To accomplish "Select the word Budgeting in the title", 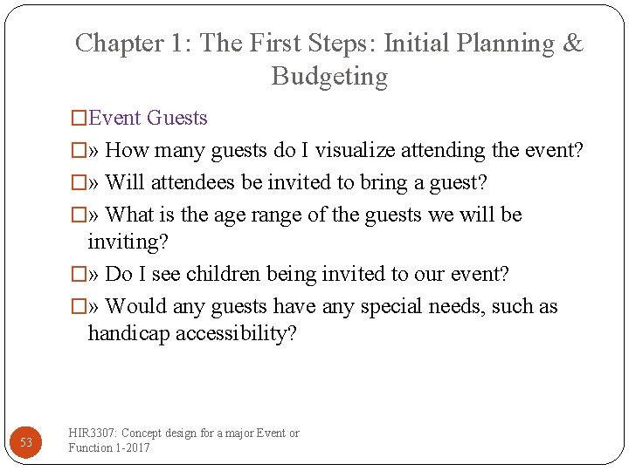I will pos(329,77).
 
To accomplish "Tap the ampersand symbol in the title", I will pos(573,44).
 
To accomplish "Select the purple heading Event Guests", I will pos(148,118).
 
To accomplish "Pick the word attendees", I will pos(194,182).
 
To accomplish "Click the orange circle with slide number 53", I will pos(26,442).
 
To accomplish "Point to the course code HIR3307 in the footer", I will pos(93,433).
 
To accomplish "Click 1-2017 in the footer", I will pos(133,448).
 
